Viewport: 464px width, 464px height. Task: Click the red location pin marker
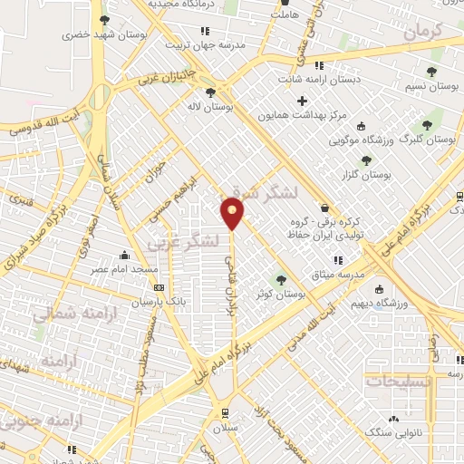point(233,213)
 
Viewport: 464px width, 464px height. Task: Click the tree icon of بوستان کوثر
point(280,279)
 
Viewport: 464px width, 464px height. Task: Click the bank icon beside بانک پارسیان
point(159,287)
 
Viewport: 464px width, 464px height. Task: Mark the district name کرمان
point(422,32)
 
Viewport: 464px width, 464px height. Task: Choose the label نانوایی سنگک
point(393,433)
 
